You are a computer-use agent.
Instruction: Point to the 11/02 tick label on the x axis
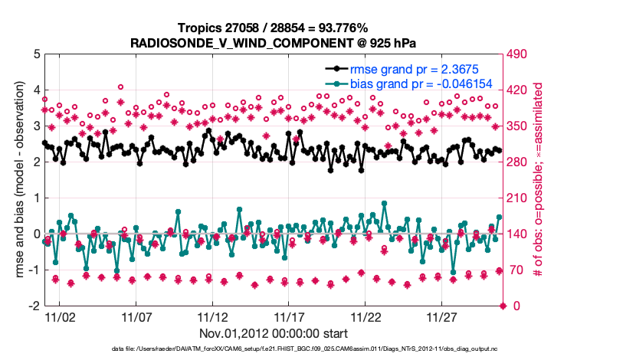tap(59, 316)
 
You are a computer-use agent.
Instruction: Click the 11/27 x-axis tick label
tap(442, 316)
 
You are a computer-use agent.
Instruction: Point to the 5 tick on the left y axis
tap(36, 54)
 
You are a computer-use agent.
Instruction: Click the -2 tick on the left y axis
tap(34, 306)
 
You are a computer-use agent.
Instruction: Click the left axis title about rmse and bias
tap(16, 180)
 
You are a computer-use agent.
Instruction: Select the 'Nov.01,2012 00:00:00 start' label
tap(273, 333)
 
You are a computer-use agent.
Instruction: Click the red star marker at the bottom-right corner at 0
tap(503, 306)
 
